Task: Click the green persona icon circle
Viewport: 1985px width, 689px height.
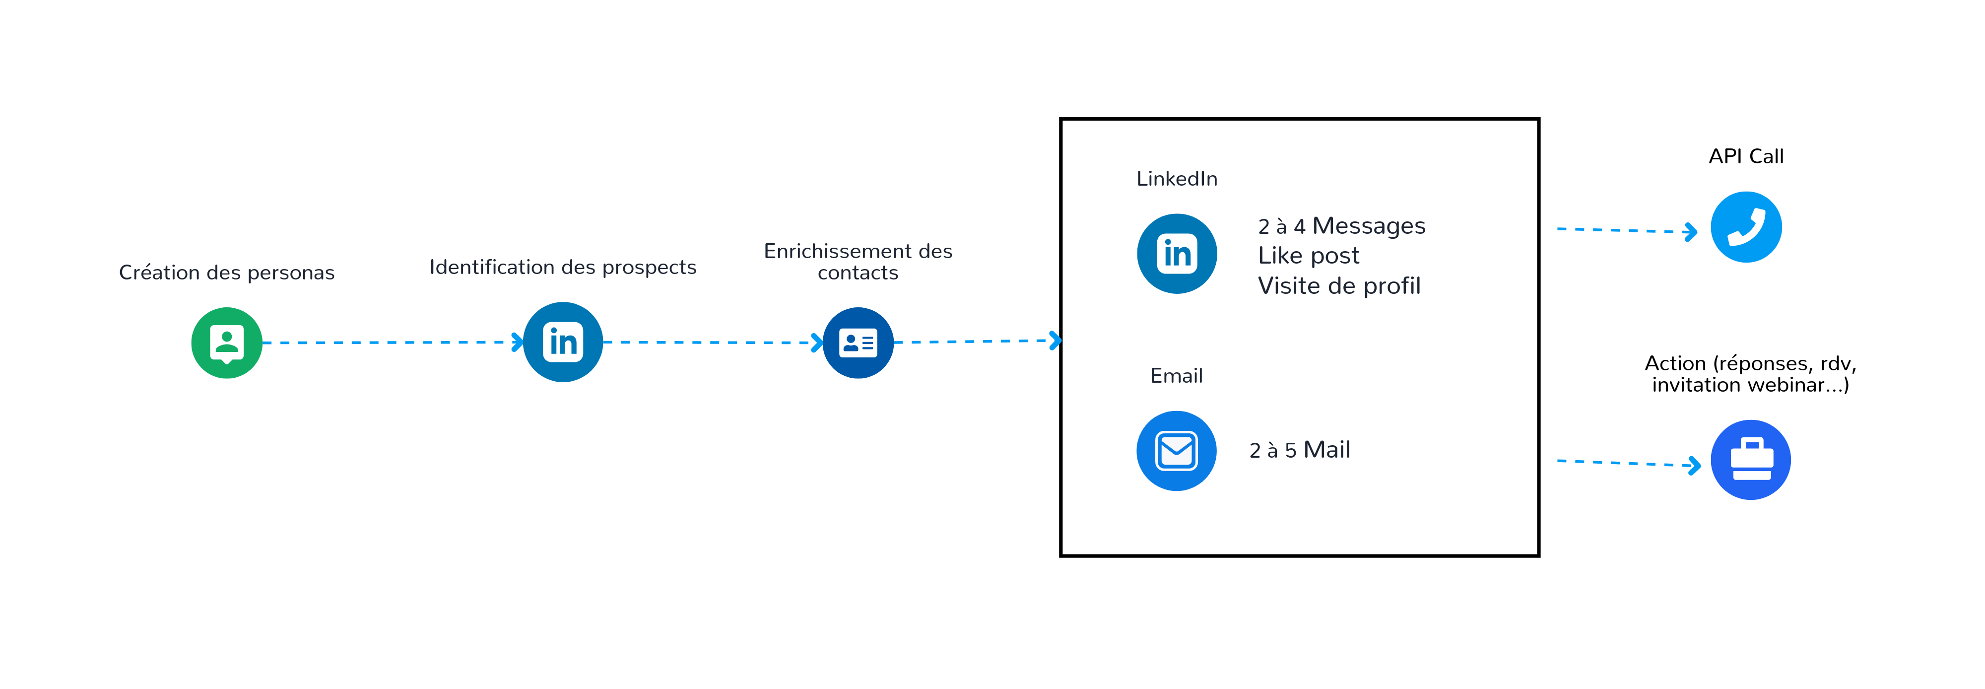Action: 227,343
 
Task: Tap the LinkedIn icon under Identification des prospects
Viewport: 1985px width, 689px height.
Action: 563,342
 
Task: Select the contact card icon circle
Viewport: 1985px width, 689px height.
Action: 858,343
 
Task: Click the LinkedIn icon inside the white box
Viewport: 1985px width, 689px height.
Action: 1177,254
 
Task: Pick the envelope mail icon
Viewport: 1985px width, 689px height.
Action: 1176,451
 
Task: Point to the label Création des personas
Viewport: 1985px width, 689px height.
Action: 227,273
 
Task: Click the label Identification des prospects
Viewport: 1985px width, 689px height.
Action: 563,268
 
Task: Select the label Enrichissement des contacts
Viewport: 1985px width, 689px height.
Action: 858,262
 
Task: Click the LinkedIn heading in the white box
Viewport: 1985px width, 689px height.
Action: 1177,179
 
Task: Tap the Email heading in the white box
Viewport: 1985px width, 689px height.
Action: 1176,376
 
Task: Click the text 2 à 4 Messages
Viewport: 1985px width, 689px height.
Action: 1341,226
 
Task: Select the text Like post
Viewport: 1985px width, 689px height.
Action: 1309,256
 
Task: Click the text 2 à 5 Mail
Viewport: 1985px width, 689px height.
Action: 1299,450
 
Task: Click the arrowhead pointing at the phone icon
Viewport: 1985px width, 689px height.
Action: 1691,231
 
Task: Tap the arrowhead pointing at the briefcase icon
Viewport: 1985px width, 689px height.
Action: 1694,465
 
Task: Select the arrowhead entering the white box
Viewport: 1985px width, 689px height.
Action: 1055,340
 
